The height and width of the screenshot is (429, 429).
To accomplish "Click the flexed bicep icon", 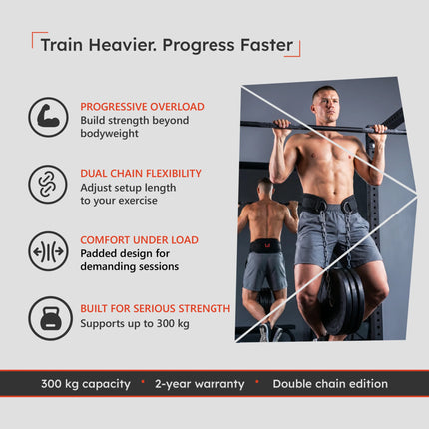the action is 48,117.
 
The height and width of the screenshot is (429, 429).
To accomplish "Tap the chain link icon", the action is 48,185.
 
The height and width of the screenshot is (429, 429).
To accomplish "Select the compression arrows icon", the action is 48,251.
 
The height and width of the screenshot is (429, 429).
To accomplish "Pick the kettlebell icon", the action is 50,318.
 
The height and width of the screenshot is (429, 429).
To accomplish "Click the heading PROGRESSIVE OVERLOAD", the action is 142,107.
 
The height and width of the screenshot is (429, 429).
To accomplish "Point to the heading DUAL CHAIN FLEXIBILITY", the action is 141,173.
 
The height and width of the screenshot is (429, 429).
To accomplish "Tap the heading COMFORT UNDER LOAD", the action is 139,240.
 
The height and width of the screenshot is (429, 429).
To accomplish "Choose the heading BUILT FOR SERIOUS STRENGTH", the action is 156,308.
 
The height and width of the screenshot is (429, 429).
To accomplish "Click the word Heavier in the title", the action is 123,45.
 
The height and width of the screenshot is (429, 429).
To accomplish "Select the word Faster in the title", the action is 267,45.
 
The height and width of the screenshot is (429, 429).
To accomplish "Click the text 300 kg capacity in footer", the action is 86,384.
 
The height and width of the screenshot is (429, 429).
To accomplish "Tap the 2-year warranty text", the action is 200,384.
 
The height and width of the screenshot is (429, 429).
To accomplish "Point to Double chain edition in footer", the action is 330,384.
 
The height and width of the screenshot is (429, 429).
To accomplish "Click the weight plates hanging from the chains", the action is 342,301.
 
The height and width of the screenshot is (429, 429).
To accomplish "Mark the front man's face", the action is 327,105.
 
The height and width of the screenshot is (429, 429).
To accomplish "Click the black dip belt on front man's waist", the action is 330,204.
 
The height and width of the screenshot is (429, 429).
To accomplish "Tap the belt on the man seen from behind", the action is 265,246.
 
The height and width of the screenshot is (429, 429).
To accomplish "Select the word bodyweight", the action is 109,133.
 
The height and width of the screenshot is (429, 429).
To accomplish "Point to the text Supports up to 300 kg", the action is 135,323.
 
